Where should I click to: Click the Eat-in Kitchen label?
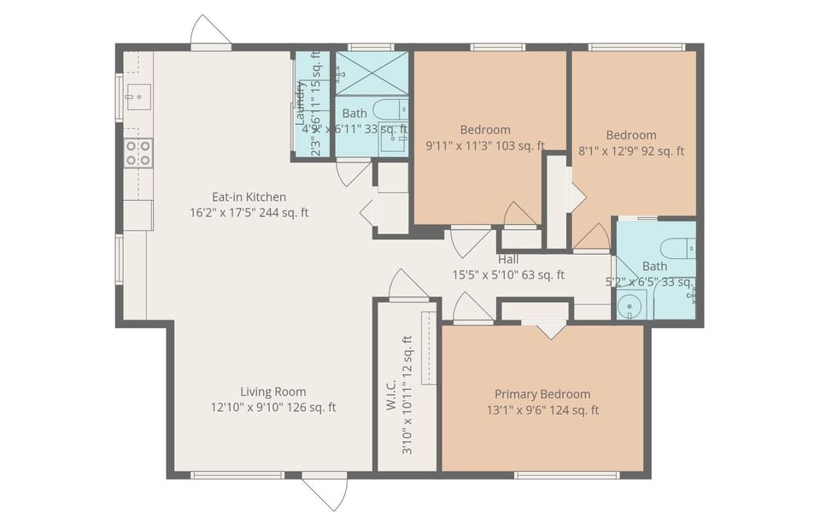click(249, 197)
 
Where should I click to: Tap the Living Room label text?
click(272, 392)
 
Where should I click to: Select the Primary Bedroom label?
click(542, 394)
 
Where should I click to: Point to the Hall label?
click(508, 260)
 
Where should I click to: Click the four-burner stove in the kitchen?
click(138, 154)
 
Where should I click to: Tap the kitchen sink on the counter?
click(137, 96)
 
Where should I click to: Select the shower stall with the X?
click(372, 73)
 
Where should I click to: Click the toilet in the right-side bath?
click(680, 248)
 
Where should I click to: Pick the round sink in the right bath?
click(633, 303)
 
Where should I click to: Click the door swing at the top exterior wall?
click(209, 33)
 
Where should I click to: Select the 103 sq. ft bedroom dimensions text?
click(485, 146)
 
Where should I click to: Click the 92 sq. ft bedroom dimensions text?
click(631, 151)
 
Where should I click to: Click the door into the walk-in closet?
click(407, 286)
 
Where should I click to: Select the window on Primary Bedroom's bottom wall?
click(566, 474)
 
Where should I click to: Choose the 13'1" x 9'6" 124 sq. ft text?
click(542, 410)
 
